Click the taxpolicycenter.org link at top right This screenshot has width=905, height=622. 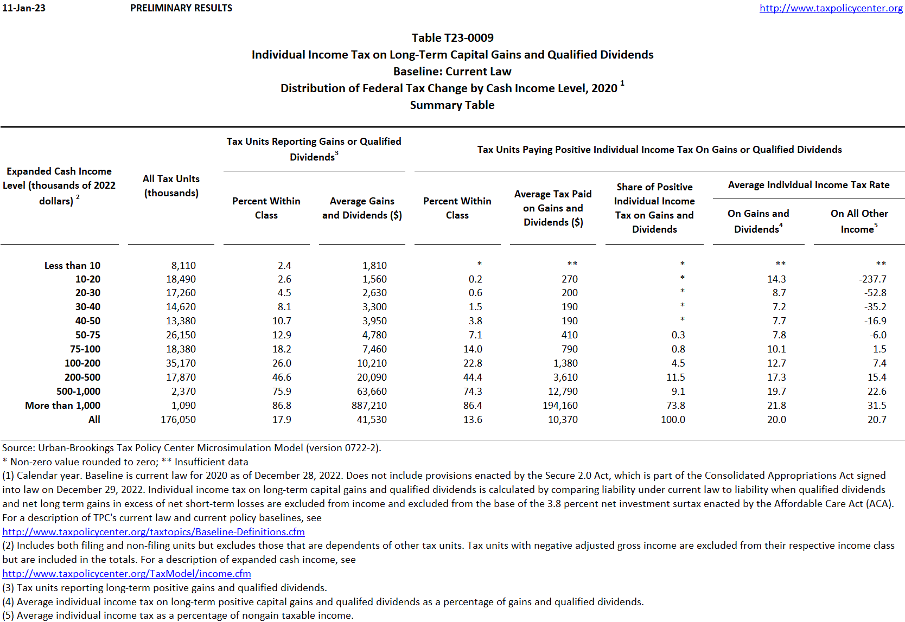pos(831,8)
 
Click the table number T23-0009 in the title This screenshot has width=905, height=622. pos(452,38)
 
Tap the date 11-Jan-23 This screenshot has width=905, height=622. pos(24,8)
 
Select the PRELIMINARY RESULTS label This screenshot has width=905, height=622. pos(181,8)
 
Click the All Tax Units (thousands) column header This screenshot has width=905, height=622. pos(171,186)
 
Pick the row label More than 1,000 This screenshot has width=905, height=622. pos(62,406)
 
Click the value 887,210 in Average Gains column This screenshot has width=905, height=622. pos(369,406)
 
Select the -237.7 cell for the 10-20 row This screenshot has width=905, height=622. pos(872,279)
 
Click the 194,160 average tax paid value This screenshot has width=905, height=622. pos(560,406)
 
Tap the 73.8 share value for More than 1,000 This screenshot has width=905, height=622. pos(675,406)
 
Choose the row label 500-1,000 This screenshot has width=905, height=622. pos(78,392)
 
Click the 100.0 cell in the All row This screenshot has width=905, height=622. pos(673,420)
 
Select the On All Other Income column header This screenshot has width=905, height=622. pos(859,221)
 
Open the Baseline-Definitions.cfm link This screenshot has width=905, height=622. pos(154,532)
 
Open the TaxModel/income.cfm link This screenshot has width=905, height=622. pos(126,574)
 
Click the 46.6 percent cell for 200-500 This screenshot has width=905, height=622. pos(282,377)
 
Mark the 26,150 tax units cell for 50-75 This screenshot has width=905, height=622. pos(181,335)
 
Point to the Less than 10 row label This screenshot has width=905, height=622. pos(72,266)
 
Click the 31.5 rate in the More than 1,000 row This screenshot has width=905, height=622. pos(876,406)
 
